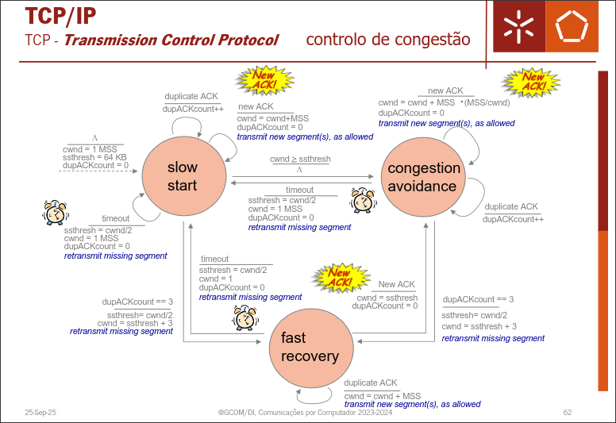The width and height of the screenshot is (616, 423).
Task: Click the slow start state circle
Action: [182, 177]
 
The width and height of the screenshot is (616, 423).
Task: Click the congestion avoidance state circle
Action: [423, 177]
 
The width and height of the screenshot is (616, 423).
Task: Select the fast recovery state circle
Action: [310, 347]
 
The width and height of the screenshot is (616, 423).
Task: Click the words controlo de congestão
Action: [387, 39]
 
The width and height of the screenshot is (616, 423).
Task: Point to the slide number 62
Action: [567, 413]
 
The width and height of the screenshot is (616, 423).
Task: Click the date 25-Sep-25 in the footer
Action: [40, 413]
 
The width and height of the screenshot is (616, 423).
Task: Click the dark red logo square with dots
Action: [519, 27]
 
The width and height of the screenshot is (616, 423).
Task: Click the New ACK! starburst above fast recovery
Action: [340, 277]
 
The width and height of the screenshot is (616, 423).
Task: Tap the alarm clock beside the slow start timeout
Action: [56, 213]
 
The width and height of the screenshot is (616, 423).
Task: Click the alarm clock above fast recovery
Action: [244, 317]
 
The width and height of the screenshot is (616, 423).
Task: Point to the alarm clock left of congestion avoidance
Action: [363, 200]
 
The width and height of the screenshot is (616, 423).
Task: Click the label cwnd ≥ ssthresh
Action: [300, 160]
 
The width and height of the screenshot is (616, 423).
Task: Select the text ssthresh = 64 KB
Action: [94, 157]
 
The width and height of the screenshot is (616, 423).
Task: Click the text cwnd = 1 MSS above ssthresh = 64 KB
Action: [88, 148]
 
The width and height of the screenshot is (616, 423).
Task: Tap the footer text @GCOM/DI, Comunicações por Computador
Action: [305, 413]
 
